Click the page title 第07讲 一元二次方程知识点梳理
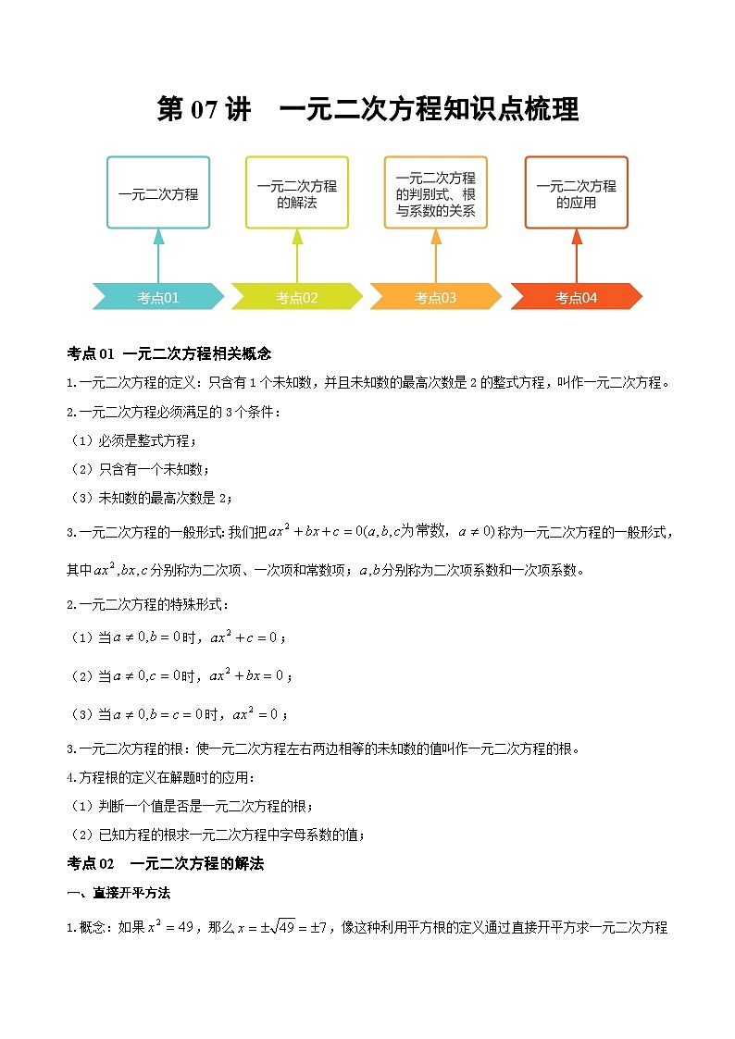click(x=367, y=109)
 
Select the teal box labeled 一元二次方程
click(x=158, y=192)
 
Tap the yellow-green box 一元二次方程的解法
click(x=296, y=192)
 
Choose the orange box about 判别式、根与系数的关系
click(x=435, y=192)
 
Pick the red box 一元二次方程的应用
click(x=576, y=192)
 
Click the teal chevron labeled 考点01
click(x=158, y=297)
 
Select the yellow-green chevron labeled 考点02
click(x=296, y=297)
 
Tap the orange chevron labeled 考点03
click(x=435, y=297)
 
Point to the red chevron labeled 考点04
click(x=576, y=297)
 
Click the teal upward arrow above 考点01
click(x=158, y=254)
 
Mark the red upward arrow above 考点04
click(x=576, y=254)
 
